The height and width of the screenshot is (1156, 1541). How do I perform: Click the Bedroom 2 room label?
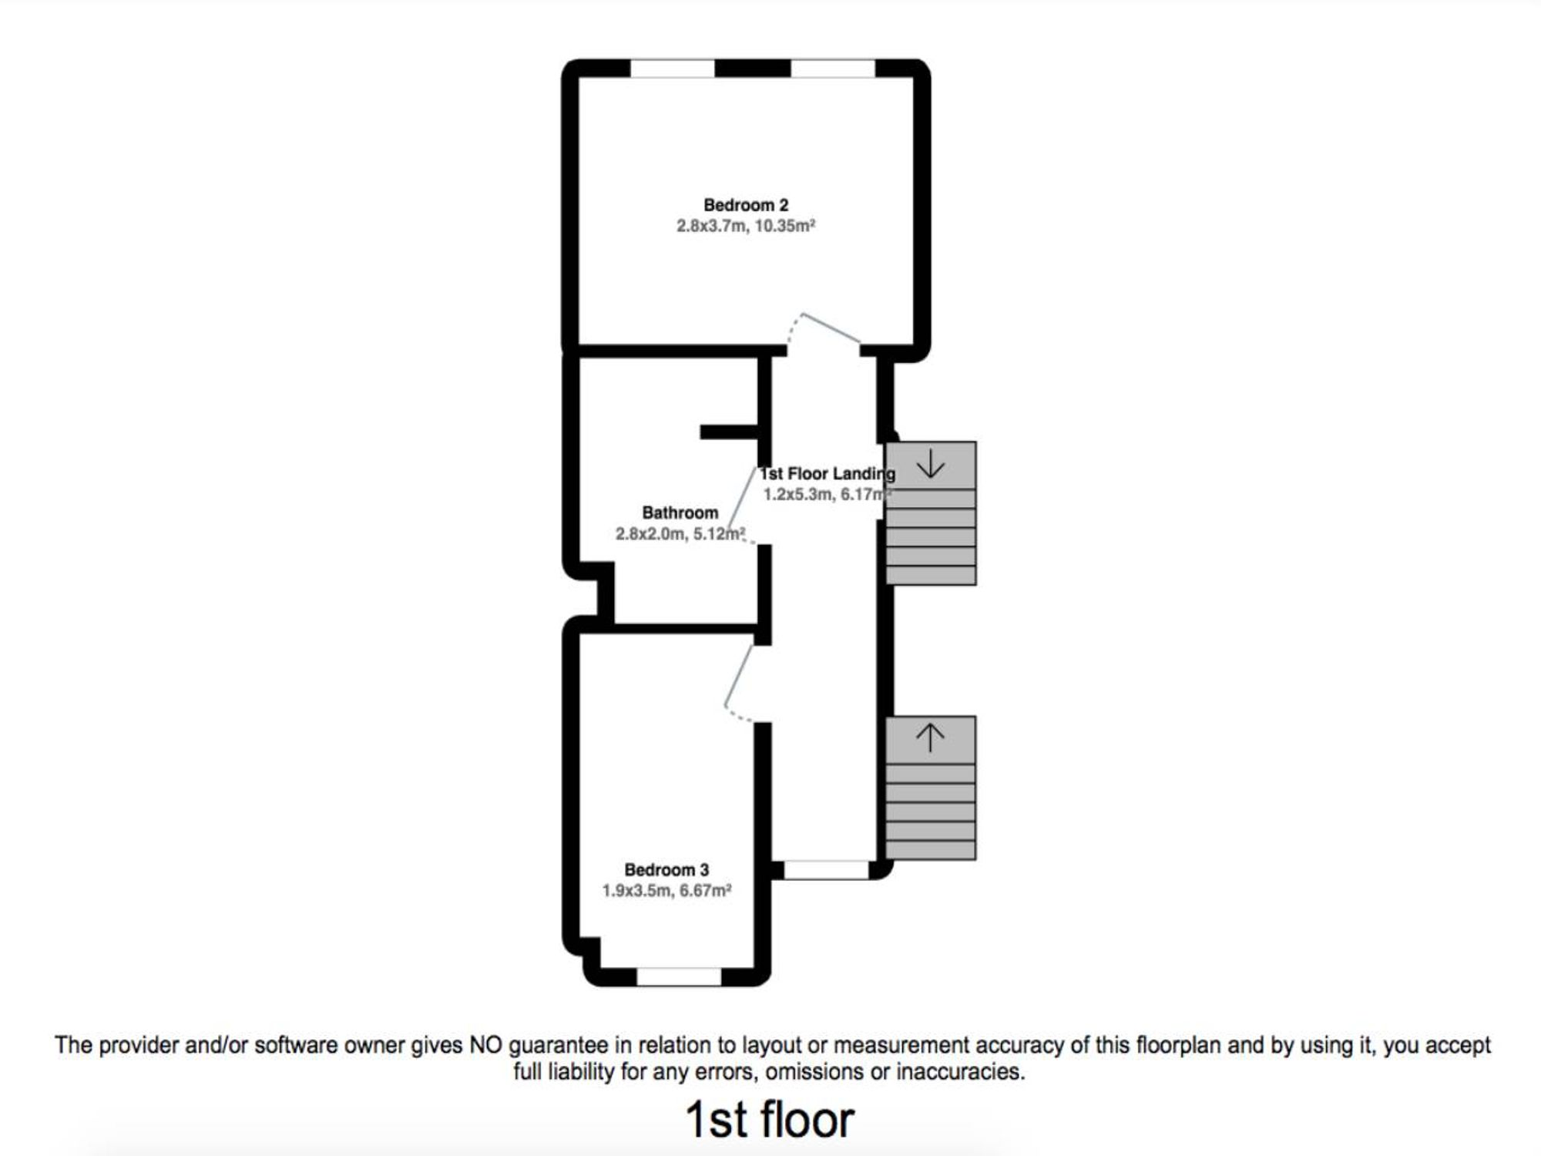(746, 205)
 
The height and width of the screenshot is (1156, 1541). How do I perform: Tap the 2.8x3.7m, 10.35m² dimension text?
(746, 226)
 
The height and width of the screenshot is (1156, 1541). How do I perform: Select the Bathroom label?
(680, 512)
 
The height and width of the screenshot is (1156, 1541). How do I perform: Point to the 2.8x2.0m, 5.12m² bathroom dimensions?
(680, 533)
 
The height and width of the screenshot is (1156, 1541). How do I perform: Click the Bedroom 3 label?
(666, 870)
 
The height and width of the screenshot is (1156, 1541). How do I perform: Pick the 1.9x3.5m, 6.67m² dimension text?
(666, 891)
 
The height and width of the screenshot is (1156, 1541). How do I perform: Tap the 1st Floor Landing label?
(828, 473)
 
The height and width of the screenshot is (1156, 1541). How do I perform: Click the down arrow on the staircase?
(931, 464)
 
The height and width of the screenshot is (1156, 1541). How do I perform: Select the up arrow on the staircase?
(930, 738)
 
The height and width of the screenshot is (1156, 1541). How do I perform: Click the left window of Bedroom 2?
(673, 69)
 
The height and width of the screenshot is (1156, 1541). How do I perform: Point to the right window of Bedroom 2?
(833, 69)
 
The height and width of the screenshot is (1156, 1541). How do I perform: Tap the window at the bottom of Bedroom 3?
(679, 976)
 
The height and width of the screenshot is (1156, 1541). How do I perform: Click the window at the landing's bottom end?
(826, 870)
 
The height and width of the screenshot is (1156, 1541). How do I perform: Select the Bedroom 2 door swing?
(831, 328)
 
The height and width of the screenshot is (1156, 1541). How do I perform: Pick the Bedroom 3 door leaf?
(738, 675)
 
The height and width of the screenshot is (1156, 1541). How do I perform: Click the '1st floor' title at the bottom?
(770, 1120)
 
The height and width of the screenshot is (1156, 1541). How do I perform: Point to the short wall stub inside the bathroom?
(729, 432)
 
